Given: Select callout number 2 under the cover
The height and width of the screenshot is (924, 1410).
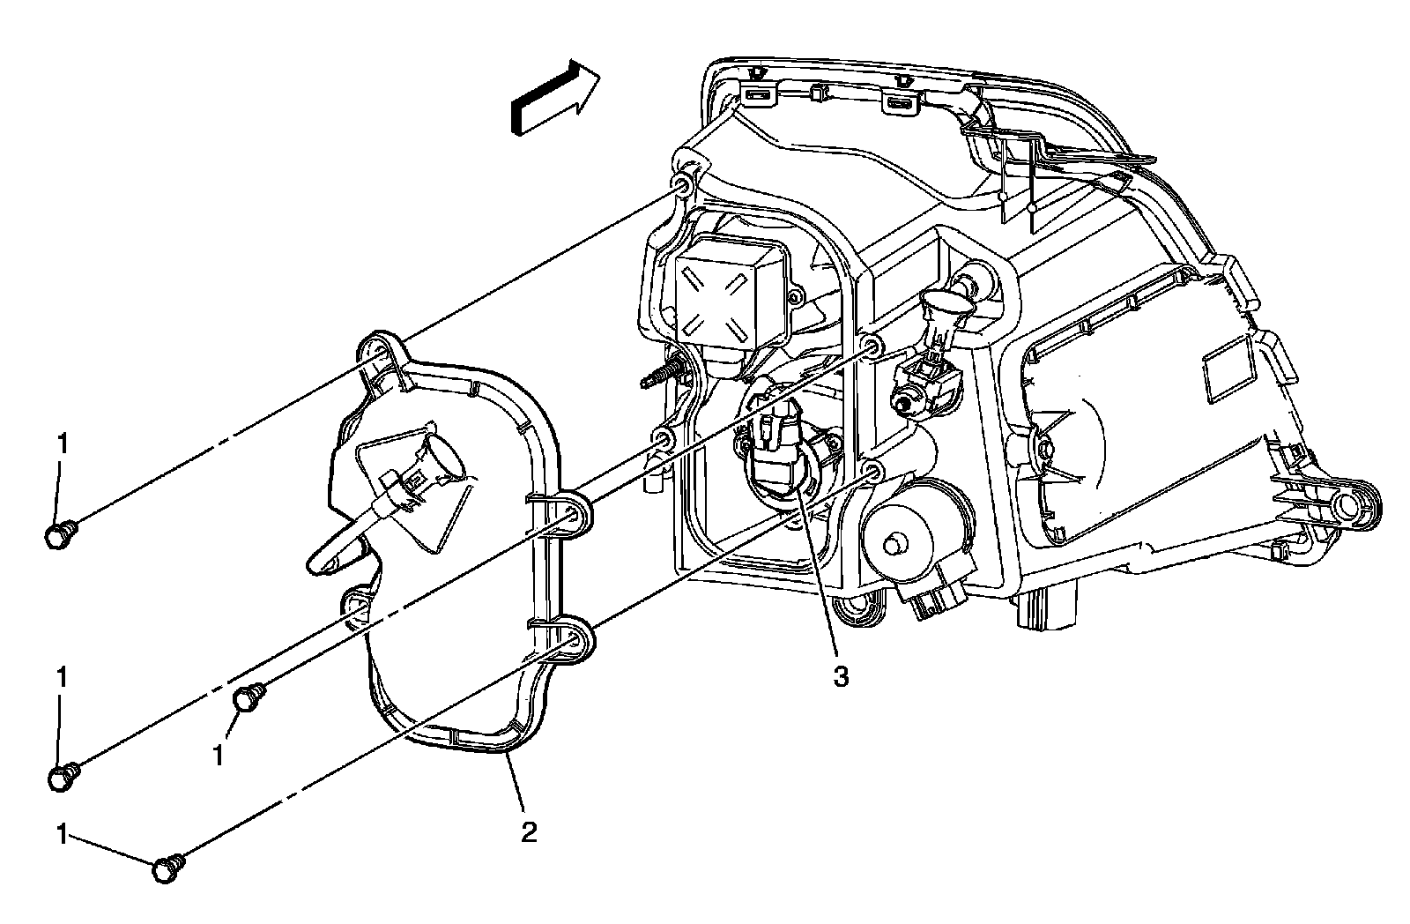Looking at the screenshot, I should (x=528, y=831).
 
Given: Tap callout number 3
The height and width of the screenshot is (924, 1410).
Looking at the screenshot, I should (x=842, y=677).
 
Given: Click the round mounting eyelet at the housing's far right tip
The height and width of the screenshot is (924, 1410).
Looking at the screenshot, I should (x=1347, y=502).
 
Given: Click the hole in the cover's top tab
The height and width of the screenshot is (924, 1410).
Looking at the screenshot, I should (x=376, y=351).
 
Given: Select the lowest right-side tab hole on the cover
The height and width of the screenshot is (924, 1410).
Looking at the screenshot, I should (x=574, y=642).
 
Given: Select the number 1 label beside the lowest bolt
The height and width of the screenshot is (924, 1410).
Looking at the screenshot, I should (x=63, y=835).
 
